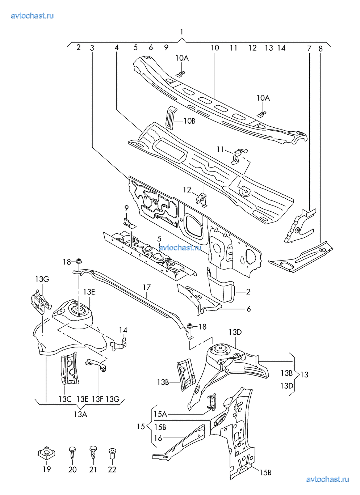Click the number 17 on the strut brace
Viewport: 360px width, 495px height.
147,287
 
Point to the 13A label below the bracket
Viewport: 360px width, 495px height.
81,414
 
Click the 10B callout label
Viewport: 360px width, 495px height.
189,121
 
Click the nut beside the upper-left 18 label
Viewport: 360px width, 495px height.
79,261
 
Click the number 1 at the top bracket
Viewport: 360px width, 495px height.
181,32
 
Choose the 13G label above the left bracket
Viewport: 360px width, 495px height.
42,279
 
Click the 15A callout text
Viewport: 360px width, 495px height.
160,414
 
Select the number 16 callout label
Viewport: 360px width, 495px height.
158,438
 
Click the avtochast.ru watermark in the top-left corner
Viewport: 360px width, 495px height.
32,16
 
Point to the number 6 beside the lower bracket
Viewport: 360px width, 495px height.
249,309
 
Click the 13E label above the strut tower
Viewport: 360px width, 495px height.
89,292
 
